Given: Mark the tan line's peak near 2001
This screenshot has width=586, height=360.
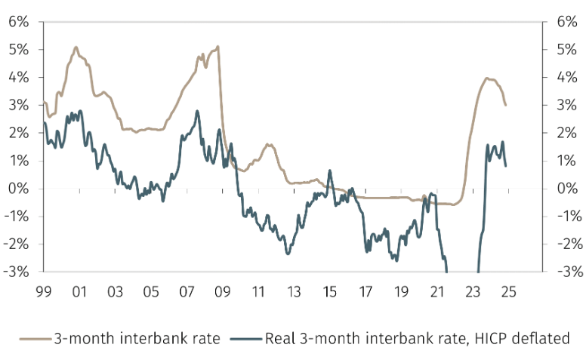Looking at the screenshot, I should pyautogui.click(x=76, y=47).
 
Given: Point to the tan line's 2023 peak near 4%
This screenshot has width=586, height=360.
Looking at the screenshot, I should pyautogui.click(x=487, y=78).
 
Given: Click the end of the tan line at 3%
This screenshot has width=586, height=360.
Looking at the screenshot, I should pyautogui.click(x=505, y=105).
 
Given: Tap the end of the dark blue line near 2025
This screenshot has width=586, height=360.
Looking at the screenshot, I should pyautogui.click(x=505, y=165).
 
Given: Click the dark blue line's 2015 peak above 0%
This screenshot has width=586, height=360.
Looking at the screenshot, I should pyautogui.click(x=329, y=171).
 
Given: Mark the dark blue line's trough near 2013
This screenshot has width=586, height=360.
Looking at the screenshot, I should pyautogui.click(x=288, y=253).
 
